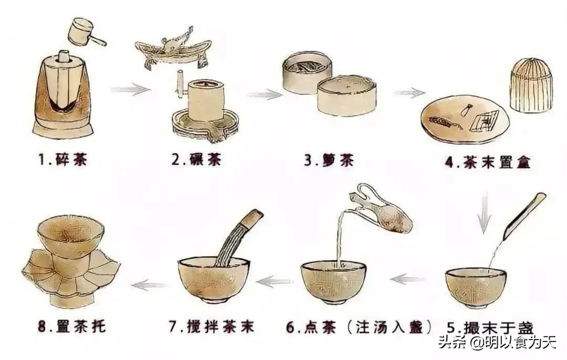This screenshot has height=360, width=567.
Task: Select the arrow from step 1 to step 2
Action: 130,90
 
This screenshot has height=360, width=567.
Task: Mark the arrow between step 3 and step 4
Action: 409,93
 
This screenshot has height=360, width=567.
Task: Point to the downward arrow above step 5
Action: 485,213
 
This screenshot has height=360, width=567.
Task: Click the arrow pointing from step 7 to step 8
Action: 149,285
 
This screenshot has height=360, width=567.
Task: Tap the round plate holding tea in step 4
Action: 464,120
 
